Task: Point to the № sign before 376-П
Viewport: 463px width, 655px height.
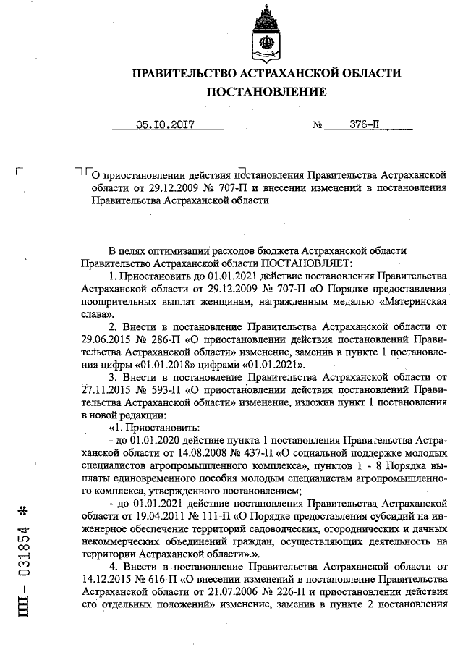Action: [x=317, y=124]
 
